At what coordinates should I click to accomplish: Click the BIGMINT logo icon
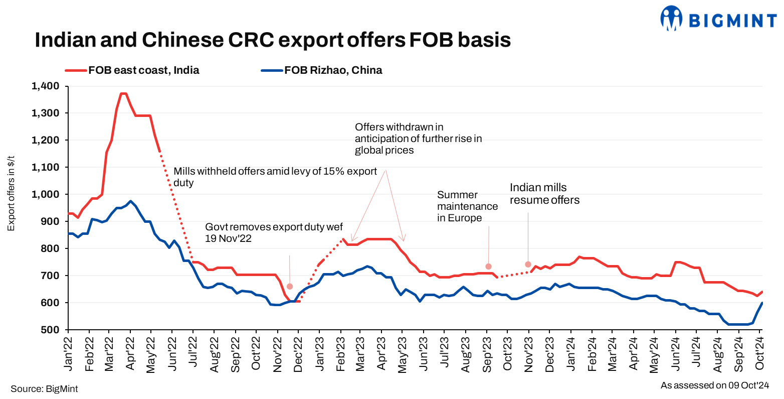click(x=672, y=18)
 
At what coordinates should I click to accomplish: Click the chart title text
click(x=273, y=40)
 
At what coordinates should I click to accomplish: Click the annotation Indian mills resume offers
click(x=544, y=194)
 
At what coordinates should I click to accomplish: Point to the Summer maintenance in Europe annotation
click(x=467, y=206)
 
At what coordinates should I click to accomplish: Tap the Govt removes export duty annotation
click(x=274, y=232)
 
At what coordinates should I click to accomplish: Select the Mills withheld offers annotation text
click(x=275, y=177)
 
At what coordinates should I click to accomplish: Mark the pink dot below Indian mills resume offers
click(x=528, y=264)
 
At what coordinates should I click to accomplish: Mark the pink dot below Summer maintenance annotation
click(x=488, y=267)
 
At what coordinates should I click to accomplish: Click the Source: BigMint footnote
click(x=44, y=389)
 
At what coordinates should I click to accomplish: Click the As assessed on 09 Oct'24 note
click(x=714, y=385)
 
